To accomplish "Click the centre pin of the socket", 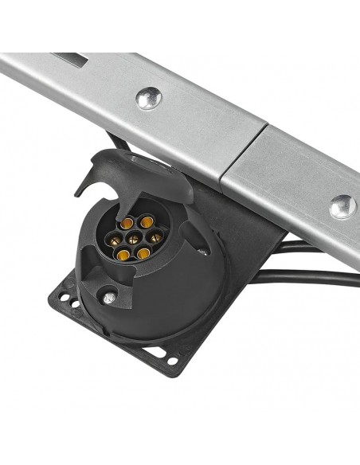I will coord(134,238).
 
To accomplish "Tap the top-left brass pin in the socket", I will coord(127,223).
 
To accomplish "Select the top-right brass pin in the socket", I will coord(147,221).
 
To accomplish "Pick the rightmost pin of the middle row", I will coord(155,236).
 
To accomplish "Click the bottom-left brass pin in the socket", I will coord(123,256).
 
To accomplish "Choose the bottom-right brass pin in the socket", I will coord(143,253).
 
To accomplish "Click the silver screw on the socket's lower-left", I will coord(108,298).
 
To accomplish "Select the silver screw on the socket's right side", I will coord(204,252).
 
